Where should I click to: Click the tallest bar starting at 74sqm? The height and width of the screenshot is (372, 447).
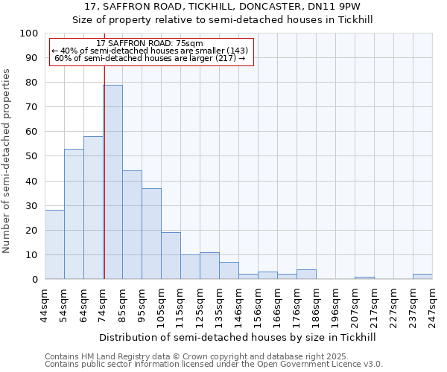(112, 182)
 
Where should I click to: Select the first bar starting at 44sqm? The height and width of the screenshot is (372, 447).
(54, 245)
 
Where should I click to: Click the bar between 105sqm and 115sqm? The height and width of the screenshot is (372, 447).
(171, 256)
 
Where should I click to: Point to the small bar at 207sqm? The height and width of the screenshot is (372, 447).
(364, 278)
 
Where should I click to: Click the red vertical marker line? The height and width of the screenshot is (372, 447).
(104, 171)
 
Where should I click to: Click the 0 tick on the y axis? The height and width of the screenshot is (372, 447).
(35, 279)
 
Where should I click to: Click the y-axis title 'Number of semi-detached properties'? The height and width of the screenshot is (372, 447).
(7, 161)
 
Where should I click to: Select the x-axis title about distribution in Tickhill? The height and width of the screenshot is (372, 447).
(238, 337)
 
